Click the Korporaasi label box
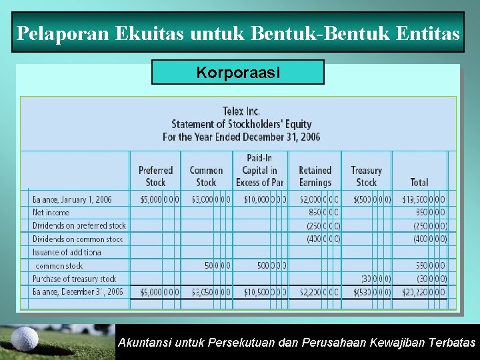(238, 72)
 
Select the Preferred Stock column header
(155, 176)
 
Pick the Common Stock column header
(206, 176)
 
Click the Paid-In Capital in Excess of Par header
(259, 170)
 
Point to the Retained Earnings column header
(315, 176)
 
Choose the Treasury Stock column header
(366, 176)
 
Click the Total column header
(419, 182)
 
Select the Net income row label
(51, 213)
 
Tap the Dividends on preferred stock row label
(79, 225)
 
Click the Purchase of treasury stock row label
(75, 279)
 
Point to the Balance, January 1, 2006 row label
(72, 199)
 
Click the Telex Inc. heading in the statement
(241, 111)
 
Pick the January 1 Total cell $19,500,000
(424, 199)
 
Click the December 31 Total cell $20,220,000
(424, 291)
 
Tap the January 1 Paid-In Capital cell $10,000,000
(265, 199)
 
